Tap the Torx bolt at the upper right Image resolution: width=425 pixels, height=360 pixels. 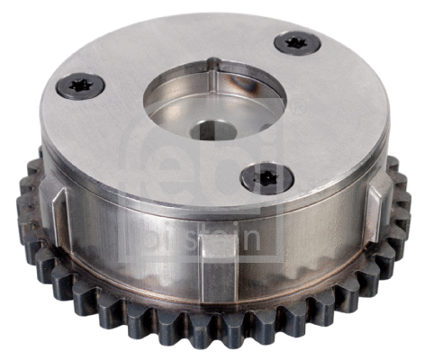pyautogui.click(x=296, y=42)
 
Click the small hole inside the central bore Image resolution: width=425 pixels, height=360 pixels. pyautogui.click(x=219, y=130)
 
